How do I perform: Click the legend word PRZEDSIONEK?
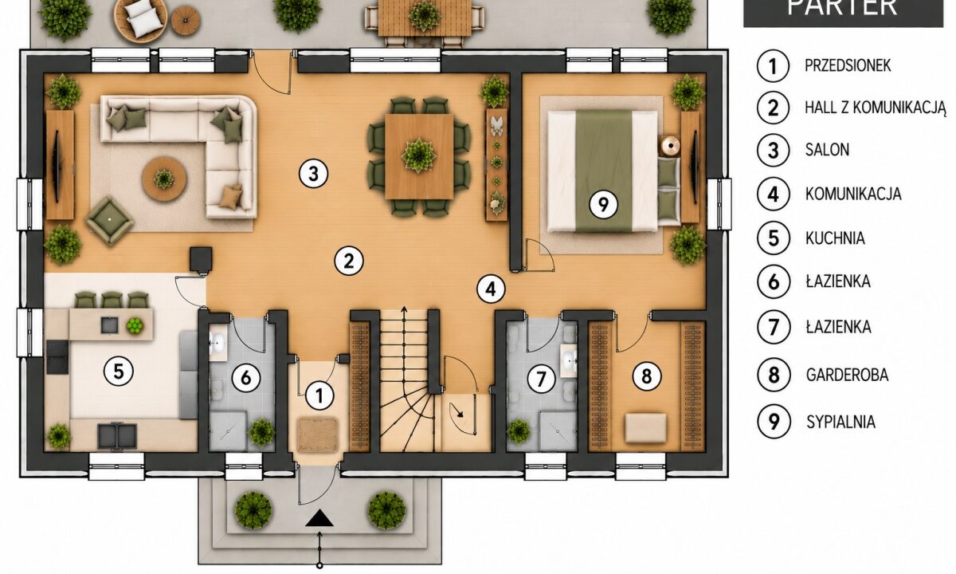point(848,65)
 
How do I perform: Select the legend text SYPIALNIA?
point(840,422)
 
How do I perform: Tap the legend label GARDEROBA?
point(847,375)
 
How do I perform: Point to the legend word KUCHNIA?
point(835,238)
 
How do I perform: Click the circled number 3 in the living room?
point(313,174)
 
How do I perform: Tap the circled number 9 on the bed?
point(604,205)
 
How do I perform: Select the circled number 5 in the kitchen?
point(119,371)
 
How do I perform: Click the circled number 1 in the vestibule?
point(319,396)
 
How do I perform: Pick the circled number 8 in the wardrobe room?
point(647,376)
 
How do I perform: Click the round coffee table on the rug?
point(164,179)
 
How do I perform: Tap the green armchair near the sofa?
point(110,220)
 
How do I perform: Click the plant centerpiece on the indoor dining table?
point(419,155)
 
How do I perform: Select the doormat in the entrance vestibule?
point(318,434)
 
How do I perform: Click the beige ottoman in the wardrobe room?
point(645,428)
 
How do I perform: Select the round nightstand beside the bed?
point(671,146)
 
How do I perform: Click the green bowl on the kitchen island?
point(135,326)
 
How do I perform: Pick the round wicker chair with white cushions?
point(140,20)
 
